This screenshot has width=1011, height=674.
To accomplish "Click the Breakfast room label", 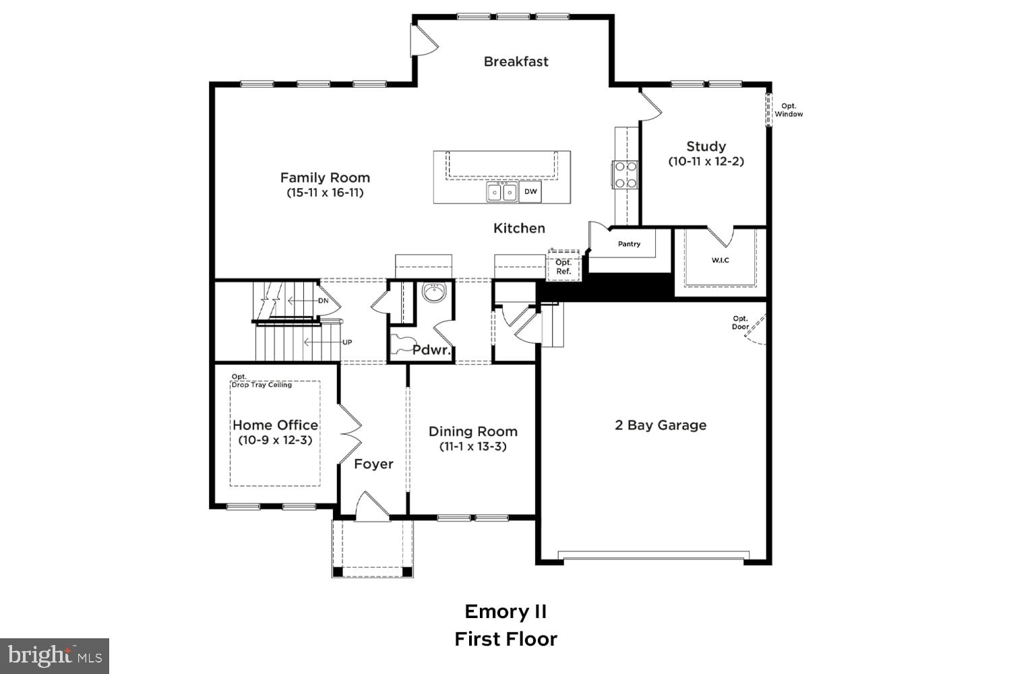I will [516, 61].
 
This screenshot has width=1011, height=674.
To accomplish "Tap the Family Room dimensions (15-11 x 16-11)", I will [325, 193].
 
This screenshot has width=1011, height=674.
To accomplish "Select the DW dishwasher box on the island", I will [531, 192].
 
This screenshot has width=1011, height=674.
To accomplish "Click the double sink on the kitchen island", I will [502, 193].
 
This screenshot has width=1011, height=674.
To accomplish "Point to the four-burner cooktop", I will [625, 175].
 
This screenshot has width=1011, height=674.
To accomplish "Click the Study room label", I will [706, 146].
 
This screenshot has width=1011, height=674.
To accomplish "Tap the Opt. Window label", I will [788, 110].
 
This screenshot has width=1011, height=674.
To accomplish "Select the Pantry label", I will [629, 244].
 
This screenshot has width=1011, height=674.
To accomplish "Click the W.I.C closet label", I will [720, 260].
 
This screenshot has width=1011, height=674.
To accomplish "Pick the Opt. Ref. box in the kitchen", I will [563, 267].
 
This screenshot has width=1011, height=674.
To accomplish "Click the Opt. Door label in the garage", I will [740, 323].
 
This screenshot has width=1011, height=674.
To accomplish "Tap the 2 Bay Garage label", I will [661, 425].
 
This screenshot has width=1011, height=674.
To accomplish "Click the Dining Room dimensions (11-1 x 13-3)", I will [472, 447].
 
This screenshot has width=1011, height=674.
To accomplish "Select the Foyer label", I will [373, 464].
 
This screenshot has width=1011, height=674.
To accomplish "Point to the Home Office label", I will [275, 425].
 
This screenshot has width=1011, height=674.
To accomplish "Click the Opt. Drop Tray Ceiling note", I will [261, 381].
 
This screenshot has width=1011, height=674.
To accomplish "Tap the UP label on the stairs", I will [347, 342].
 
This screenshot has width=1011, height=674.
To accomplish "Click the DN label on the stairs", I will [324, 301].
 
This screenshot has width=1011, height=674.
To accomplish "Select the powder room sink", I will [433, 293].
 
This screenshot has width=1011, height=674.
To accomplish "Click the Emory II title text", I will [506, 612].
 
